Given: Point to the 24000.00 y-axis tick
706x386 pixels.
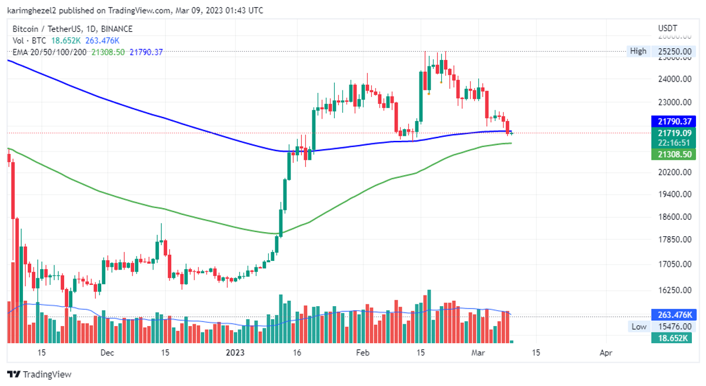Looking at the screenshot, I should tap(674, 79).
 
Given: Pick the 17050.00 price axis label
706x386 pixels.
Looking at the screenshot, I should tap(674, 264).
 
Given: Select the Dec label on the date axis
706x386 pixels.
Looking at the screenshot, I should tap(106, 353).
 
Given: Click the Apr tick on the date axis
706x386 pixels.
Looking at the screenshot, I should tap(605, 353).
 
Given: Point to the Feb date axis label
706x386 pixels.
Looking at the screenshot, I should tap(363, 353).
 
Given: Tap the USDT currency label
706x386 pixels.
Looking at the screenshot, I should tap(668, 29).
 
